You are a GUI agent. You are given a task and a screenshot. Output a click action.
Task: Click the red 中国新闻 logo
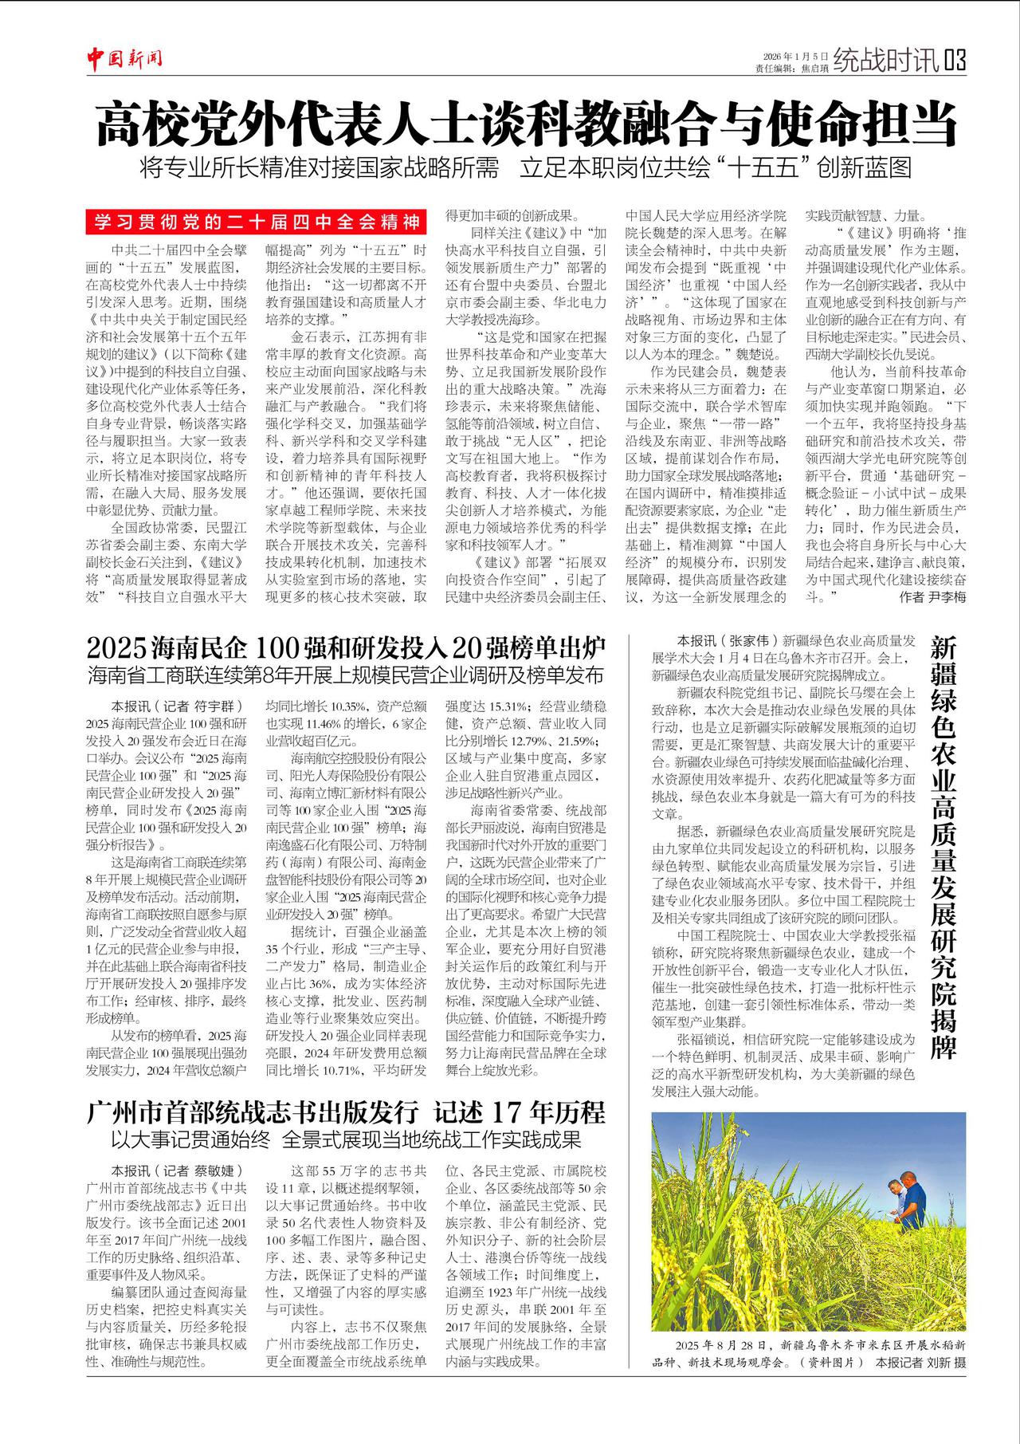[124, 57]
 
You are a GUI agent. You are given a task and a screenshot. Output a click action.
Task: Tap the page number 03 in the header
[955, 61]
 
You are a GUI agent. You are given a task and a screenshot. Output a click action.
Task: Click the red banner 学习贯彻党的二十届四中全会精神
[257, 221]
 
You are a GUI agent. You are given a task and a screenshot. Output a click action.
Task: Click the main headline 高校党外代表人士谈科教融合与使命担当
[526, 124]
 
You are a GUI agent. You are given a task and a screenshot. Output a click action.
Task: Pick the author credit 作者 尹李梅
[932, 596]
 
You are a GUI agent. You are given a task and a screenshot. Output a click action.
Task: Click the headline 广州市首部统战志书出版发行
[253, 1111]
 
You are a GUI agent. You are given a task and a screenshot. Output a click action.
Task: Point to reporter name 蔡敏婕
[213, 1171]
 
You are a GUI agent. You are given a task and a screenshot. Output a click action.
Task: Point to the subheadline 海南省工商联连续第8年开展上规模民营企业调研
[346, 675]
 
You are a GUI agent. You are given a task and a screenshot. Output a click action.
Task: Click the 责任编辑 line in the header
[791, 69]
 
